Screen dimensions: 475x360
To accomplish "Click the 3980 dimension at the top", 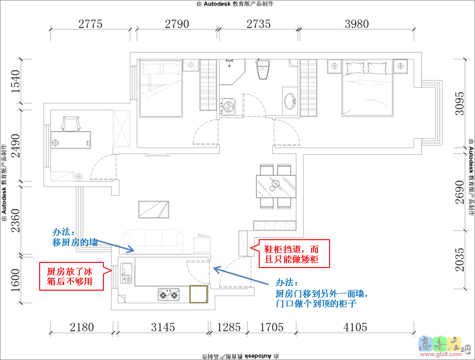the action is click(356, 24).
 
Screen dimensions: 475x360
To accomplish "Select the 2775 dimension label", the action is click(90, 24).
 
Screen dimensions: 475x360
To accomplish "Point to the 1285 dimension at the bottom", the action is click(229, 327).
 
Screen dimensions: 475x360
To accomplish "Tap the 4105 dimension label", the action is click(355, 327).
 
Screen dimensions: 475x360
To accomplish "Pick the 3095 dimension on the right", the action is click(459, 103).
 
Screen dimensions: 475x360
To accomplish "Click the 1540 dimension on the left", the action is click(15, 82).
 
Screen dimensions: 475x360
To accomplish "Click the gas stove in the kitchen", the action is click(169, 294).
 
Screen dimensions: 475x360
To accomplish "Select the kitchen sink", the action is click(127, 273).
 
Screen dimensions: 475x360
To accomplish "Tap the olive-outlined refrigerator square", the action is click(198, 294).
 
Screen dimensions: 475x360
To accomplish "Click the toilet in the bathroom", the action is click(263, 69).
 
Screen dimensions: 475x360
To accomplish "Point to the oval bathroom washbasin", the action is click(290, 101).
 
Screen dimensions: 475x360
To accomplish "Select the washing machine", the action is click(228, 107).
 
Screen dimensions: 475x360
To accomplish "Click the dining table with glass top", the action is click(276, 186).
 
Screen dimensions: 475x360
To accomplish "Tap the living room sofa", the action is click(153, 241).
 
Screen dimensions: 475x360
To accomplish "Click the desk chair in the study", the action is click(71, 124).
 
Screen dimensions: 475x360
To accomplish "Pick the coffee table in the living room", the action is click(153, 209).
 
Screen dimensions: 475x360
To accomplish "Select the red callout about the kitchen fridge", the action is click(71, 276).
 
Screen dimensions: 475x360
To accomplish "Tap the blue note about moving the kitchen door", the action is click(322, 293).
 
